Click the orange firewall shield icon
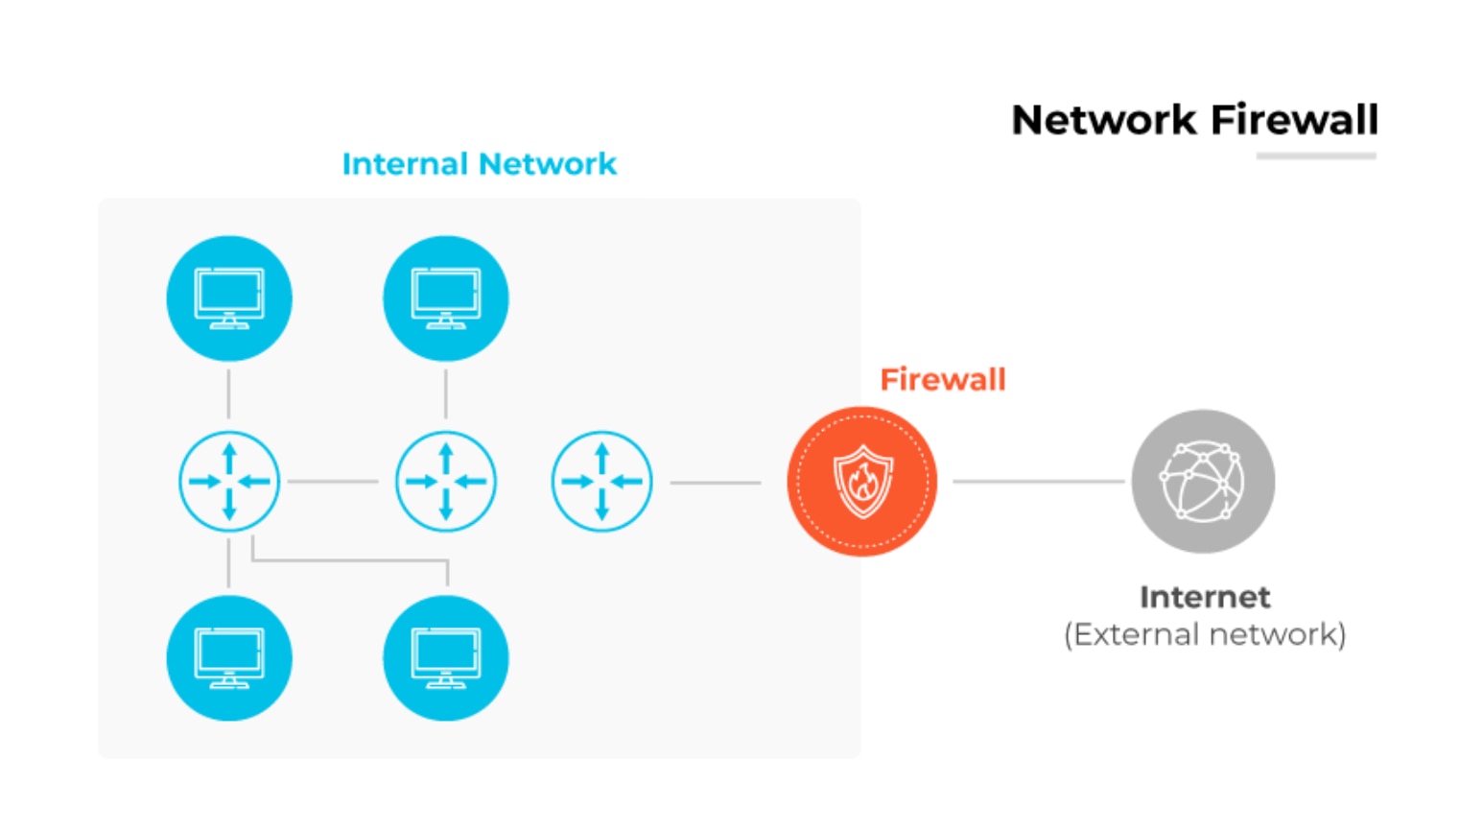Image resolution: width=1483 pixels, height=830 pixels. [861, 481]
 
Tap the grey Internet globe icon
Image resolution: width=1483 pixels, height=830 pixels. [1203, 481]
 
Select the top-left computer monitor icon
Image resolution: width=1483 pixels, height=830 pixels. [229, 298]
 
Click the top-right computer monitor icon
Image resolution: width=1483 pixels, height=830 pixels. [446, 298]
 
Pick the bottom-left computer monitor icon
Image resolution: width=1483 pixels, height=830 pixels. [229, 658]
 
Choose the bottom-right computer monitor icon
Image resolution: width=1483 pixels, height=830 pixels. [446, 658]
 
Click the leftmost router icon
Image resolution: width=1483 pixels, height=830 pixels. [229, 481]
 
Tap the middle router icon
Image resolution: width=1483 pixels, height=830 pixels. [446, 481]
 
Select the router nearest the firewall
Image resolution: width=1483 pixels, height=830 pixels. [601, 481]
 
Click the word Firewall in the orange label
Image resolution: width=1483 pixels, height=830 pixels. [942, 379]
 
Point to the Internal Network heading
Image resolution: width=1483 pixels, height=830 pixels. [479, 164]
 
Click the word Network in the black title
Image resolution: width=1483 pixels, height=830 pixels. [1104, 121]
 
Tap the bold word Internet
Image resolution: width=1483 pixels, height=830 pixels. [1205, 597]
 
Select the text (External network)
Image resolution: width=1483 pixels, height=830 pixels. [1205, 634]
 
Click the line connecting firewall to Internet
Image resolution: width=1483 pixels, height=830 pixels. [1038, 481]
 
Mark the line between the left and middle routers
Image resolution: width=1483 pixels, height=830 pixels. [333, 481]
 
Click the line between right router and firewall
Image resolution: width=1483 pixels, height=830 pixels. [715, 482]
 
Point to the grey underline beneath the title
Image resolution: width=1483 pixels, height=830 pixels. [1316, 155]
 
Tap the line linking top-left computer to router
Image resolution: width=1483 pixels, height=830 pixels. [228, 393]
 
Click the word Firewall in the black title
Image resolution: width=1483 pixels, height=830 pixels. [1294, 121]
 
